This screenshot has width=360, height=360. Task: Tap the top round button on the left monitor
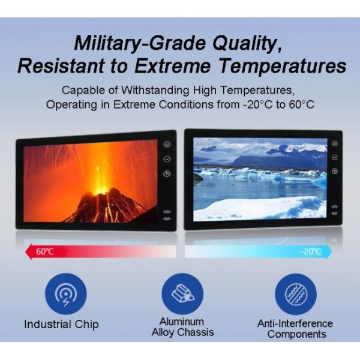[167, 145]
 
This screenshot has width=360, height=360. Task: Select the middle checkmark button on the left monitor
[167, 160]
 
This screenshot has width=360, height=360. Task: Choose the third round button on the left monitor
[167, 175]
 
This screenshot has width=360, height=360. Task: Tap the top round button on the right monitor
[335, 144]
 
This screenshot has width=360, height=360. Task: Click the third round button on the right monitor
[335, 172]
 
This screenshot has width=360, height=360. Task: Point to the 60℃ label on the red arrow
[45, 251]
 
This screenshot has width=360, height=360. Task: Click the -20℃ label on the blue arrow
[311, 251]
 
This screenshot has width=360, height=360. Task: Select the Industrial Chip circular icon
[66, 294]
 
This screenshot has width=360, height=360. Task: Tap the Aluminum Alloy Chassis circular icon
[182, 293]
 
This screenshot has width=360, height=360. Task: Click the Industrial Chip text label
[61, 325]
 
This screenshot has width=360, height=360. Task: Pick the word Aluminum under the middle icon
[182, 322]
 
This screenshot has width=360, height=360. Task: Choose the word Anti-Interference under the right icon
[295, 323]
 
